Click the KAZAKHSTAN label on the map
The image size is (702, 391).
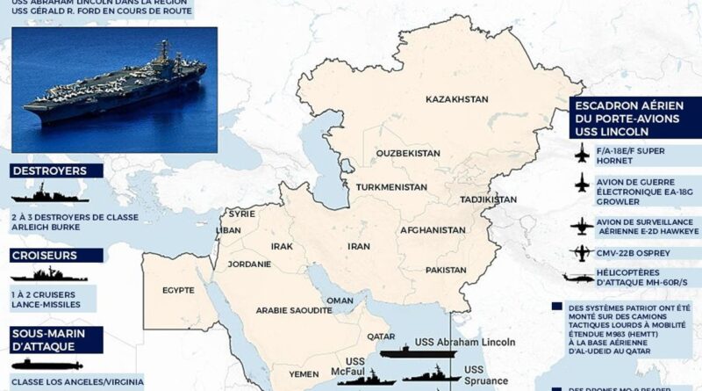click(x=456, y=100)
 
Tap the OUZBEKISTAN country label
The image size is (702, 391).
click(x=408, y=153)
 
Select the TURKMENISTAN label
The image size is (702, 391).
click(x=391, y=187)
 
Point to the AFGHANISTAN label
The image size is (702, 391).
click(x=433, y=229)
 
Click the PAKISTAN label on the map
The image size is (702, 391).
click(x=447, y=270)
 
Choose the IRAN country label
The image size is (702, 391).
click(x=360, y=247)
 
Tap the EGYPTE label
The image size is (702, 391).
click(x=178, y=289)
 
